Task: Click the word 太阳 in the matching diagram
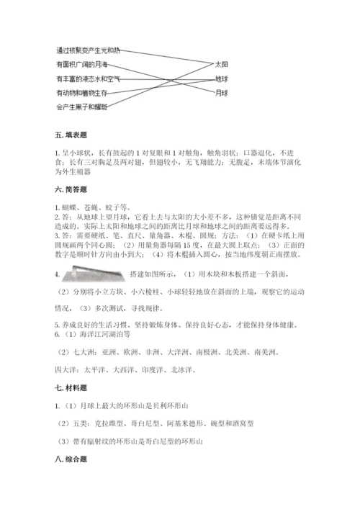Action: point(222,64)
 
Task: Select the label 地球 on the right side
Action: point(222,78)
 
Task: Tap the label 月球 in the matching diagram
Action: point(222,93)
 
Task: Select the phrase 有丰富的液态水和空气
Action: point(88,78)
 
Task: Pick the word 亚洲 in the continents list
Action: point(110,353)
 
